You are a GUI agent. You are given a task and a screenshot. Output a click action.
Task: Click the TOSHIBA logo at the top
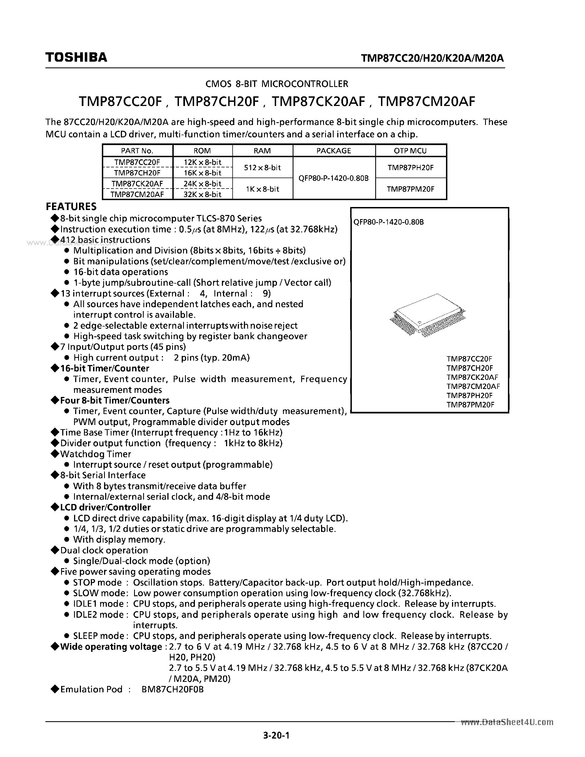[x=76, y=57]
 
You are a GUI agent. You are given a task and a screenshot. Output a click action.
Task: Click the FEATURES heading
[x=71, y=206]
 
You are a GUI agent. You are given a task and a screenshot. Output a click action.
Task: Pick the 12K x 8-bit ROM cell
[x=202, y=162]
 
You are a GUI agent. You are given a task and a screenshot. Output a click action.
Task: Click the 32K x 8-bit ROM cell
[x=202, y=194]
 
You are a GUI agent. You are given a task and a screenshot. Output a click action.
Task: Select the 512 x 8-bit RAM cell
[x=262, y=168]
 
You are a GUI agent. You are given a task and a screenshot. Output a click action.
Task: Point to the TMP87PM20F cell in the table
[x=410, y=189]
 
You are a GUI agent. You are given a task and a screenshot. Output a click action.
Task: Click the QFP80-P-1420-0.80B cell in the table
[x=333, y=178]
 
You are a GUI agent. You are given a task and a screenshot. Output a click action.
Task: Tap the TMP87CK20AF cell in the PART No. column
[x=137, y=184]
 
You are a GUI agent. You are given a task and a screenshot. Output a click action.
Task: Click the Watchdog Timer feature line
[x=95, y=454]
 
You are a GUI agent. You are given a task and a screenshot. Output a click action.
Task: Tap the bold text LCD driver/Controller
[x=105, y=507]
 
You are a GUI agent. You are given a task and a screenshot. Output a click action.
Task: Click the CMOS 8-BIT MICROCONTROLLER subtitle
[x=277, y=84]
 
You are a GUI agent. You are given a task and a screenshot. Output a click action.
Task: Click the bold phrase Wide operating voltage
[x=111, y=647]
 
